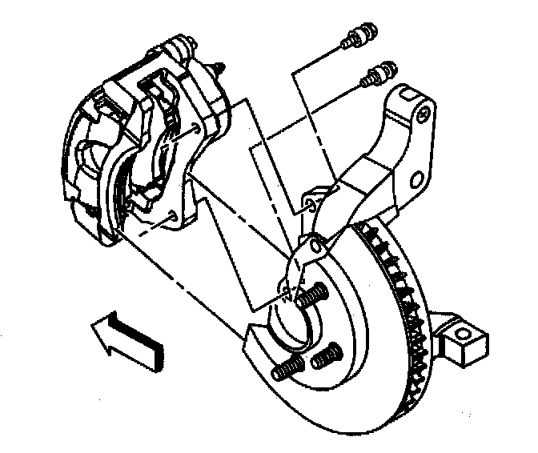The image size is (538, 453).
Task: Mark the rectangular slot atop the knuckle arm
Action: (x=408, y=96)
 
